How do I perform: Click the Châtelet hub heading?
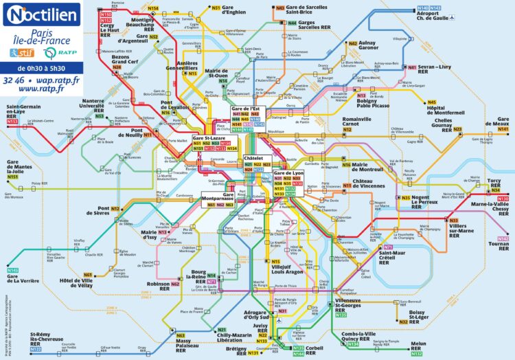(x=253, y=158)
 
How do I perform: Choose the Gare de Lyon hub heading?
(x=288, y=172)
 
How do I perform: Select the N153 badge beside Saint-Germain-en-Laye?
(x=12, y=122)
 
